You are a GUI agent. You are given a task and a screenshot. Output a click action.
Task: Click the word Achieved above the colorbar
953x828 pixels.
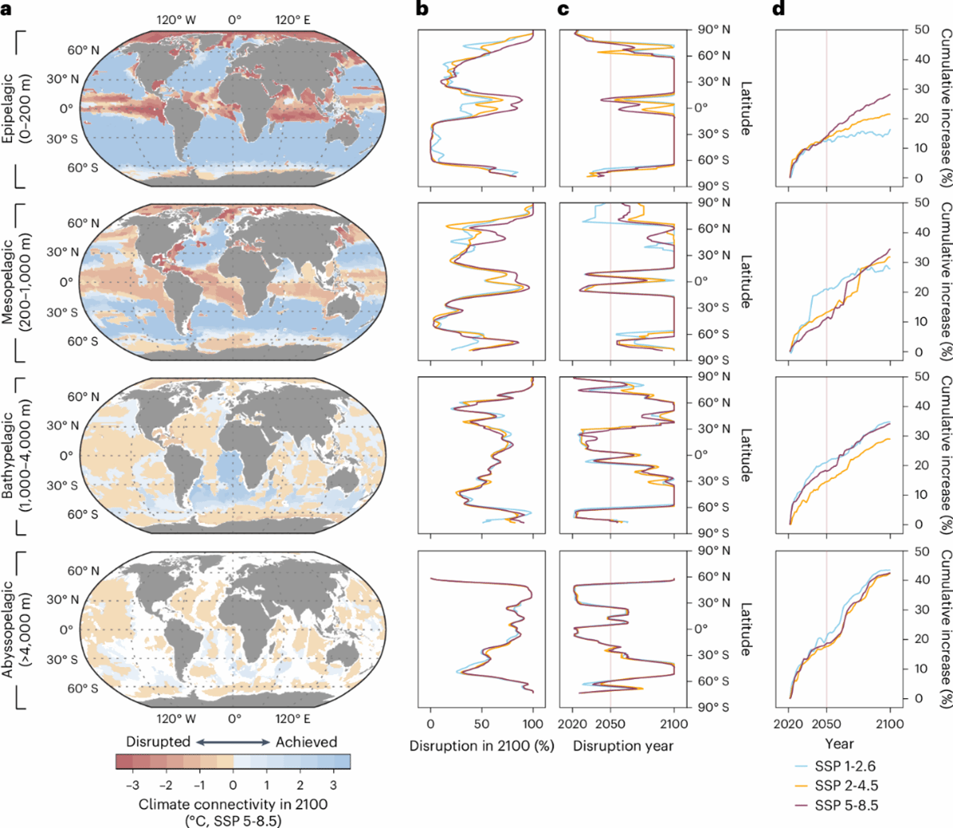307,742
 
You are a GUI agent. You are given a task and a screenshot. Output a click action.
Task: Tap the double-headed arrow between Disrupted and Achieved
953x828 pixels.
232,742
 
